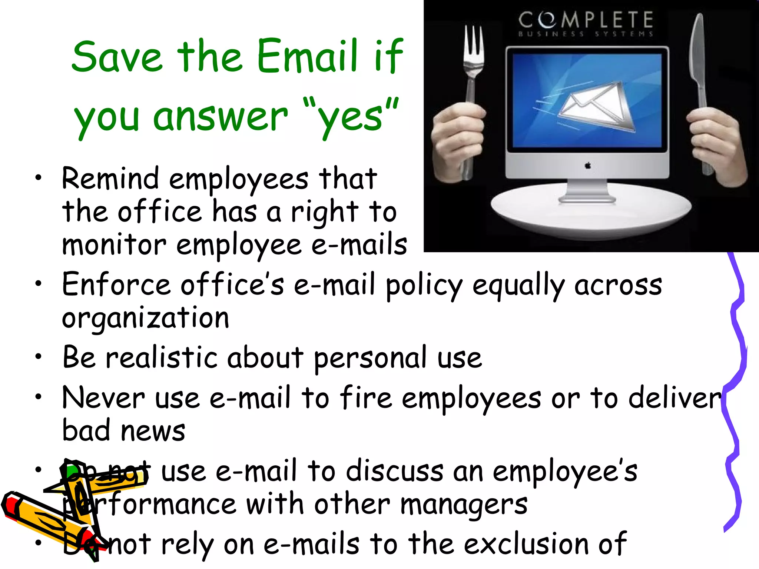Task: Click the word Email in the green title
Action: click(x=308, y=56)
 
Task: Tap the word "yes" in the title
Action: click(x=351, y=116)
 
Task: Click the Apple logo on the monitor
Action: click(x=588, y=166)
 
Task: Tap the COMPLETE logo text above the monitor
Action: click(x=586, y=20)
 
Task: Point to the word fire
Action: click(x=365, y=397)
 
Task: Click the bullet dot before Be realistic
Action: click(x=38, y=357)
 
